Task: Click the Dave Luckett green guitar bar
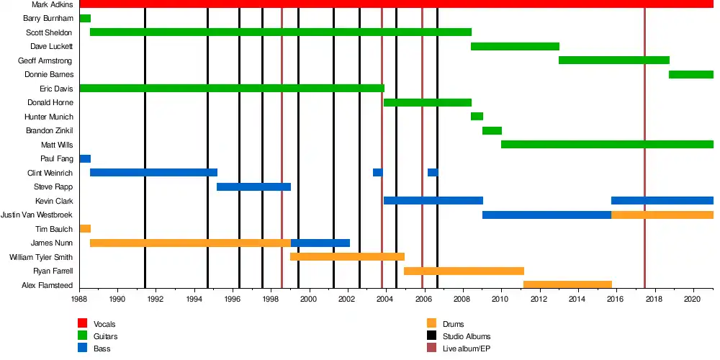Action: click(515, 47)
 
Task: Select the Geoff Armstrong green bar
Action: click(613, 60)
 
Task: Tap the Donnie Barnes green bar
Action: click(690, 75)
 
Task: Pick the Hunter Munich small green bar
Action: click(477, 117)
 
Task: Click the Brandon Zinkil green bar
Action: click(492, 131)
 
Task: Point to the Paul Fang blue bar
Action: click(85, 159)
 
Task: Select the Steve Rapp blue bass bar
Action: click(253, 187)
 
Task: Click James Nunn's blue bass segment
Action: click(320, 243)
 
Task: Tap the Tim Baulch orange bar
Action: click(85, 229)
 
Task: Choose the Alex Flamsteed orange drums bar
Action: click(567, 285)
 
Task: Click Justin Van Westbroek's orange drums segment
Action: click(662, 215)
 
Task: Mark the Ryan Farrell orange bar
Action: click(464, 271)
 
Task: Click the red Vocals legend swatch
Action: click(83, 324)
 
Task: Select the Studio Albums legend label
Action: click(467, 336)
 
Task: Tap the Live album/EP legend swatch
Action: click(432, 348)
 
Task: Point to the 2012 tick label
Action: click(539, 299)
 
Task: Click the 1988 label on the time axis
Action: click(79, 299)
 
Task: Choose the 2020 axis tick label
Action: click(693, 299)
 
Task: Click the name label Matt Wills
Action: click(58, 145)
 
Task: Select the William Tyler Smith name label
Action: click(41, 257)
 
